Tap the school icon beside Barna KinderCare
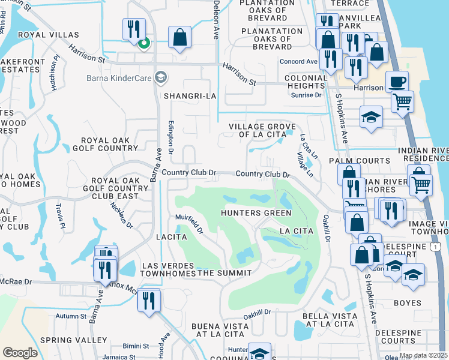click(160, 77)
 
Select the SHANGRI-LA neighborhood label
click(189, 96)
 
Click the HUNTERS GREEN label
click(256, 213)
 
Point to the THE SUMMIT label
click(225, 274)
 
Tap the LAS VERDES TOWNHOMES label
click(169, 269)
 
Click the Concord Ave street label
click(303, 62)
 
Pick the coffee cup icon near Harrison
click(396, 82)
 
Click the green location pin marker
click(143, 43)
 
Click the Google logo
click(20, 353)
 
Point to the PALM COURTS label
click(367, 161)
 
